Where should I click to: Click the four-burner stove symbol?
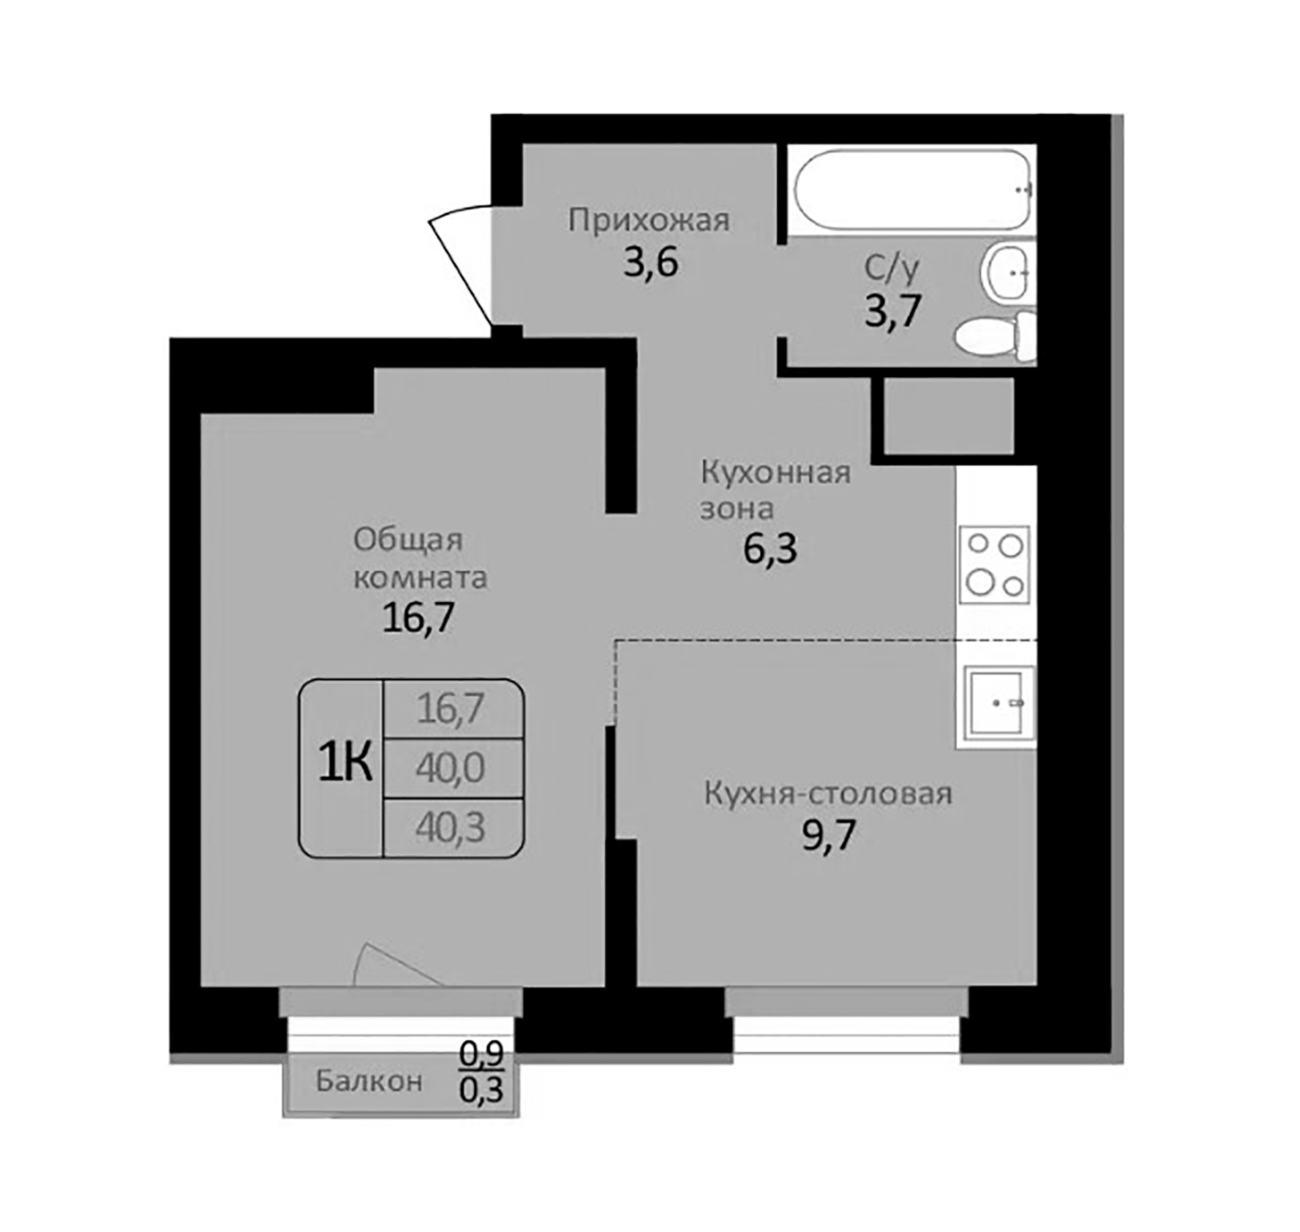point(994,565)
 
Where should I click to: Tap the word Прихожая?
point(649,220)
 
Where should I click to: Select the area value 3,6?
point(650,264)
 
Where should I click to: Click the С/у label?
point(892,268)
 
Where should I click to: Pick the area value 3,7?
point(893,311)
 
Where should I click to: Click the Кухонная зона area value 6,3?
point(770,549)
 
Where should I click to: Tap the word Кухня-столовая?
point(828,794)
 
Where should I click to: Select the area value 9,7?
point(829,836)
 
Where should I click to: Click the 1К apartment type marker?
point(345,763)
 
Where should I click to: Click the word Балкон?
point(369,1081)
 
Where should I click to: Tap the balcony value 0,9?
point(481,1054)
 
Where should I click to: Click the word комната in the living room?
point(420,578)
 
